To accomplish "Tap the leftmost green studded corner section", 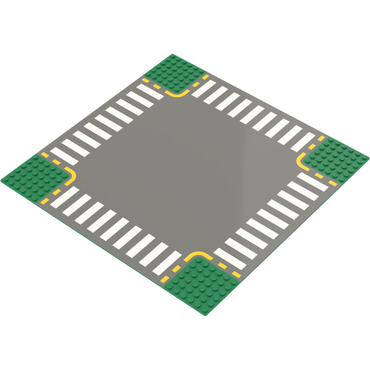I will [x=33, y=178].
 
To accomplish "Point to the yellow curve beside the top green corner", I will [x=178, y=94].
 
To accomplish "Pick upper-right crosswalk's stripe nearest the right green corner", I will [x=302, y=142].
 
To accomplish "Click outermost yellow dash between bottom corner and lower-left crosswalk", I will [x=165, y=279].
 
